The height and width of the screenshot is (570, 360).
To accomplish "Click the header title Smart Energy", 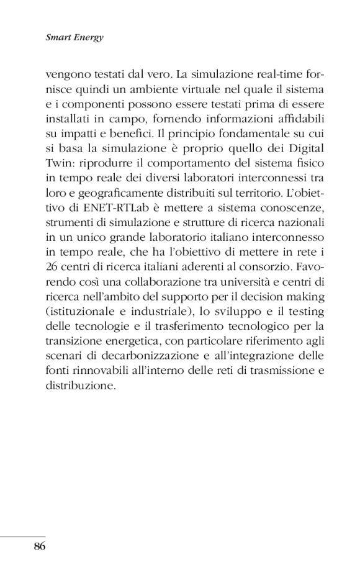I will pyautogui.click(x=74, y=38).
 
